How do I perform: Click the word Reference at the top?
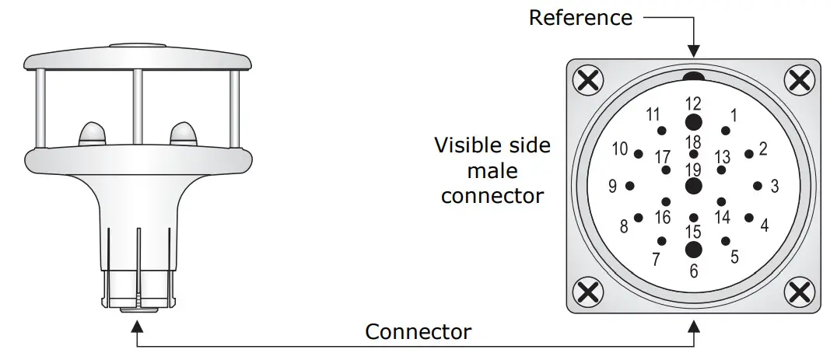580,17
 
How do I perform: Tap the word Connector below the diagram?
419,332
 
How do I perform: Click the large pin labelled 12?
693,122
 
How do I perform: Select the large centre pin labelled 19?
693,186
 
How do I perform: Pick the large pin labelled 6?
693,250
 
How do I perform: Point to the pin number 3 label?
775,187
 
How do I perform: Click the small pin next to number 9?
630,186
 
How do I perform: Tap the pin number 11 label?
653,114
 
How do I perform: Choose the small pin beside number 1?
726,131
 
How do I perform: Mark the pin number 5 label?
734,257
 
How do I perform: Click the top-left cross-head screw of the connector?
588,80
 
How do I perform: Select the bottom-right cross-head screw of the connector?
800,292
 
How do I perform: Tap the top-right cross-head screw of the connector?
800,80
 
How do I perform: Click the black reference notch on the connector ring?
693,77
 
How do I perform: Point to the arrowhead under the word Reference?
693,51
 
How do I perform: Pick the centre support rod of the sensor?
138,107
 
